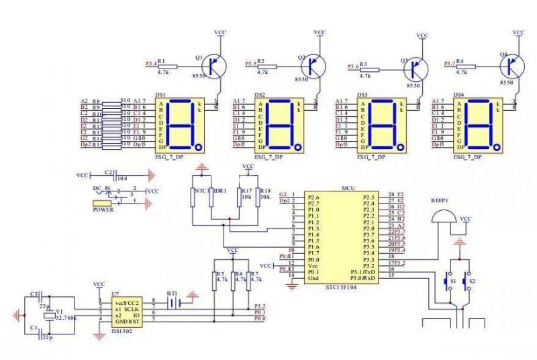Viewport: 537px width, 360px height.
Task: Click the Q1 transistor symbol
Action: coord(215,66)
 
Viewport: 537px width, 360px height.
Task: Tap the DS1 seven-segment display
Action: coord(181,125)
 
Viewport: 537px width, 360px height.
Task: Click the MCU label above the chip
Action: coord(348,189)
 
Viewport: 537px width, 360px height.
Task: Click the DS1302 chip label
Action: coord(121,330)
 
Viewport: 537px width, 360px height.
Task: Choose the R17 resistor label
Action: coord(246,190)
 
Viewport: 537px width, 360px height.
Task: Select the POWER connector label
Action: coord(102,208)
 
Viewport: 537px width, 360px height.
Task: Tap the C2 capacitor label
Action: coord(109,172)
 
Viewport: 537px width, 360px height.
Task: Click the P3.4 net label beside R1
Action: coord(151,64)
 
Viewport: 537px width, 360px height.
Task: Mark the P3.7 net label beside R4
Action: coord(450,64)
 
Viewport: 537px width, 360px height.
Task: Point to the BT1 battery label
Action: coord(173,294)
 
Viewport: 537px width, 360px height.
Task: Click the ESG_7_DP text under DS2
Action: coord(268,157)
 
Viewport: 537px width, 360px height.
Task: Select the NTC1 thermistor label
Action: coord(199,191)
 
